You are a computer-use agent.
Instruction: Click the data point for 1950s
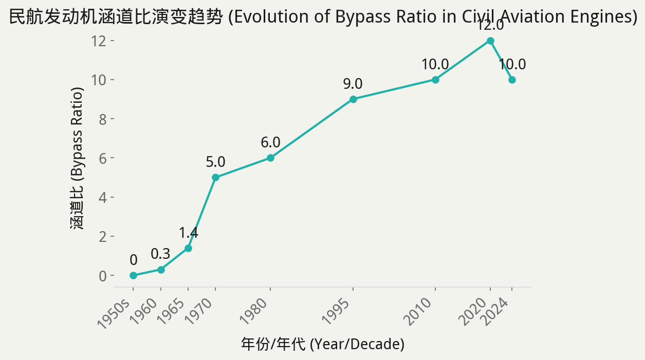pyautogui.click(x=134, y=275)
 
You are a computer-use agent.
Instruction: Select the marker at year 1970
pyautogui.click(x=215, y=177)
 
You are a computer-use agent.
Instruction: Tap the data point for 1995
pyautogui.click(x=353, y=99)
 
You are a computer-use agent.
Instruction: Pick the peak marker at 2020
pyautogui.click(x=490, y=41)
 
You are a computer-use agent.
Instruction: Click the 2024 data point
pyautogui.click(x=512, y=80)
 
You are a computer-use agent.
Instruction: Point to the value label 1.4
pyautogui.click(x=188, y=233)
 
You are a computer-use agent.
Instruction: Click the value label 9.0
pyautogui.click(x=353, y=84)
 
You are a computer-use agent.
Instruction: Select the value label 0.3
pyautogui.click(x=160, y=254)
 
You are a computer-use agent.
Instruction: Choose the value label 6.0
pyautogui.click(x=270, y=142)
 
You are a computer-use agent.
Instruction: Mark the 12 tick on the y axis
pyautogui.click(x=99, y=41)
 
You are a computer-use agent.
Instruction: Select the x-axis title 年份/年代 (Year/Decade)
pyautogui.click(x=322, y=344)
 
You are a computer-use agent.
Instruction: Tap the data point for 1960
pyautogui.click(x=161, y=270)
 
